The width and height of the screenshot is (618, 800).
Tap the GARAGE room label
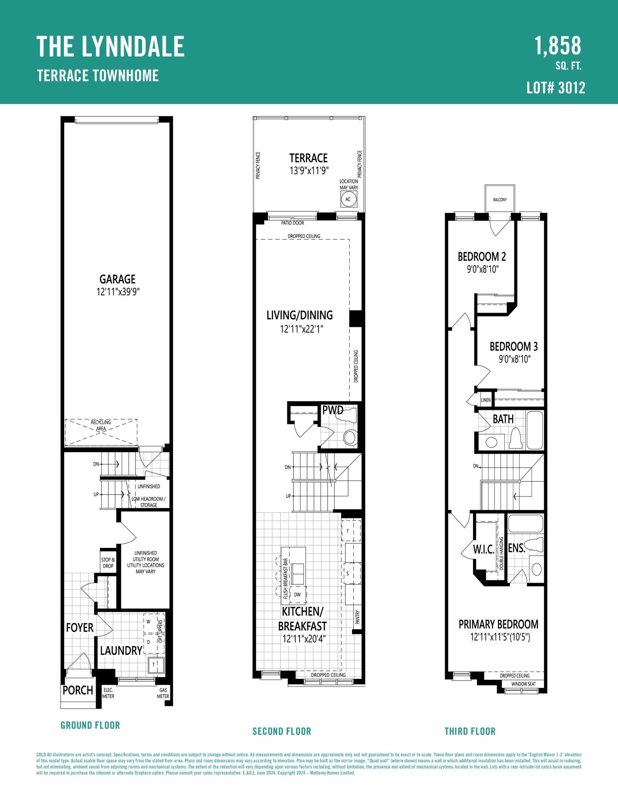pyautogui.click(x=117, y=279)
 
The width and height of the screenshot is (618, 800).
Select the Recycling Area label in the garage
pyautogui.click(x=101, y=425)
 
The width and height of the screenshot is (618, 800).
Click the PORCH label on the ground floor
pyautogui.click(x=78, y=690)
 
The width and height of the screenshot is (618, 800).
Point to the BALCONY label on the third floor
pyautogui.click(x=500, y=200)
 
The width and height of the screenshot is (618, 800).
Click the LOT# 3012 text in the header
pyautogui.click(x=556, y=88)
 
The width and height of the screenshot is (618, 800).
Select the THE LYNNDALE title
pyautogui.click(x=110, y=46)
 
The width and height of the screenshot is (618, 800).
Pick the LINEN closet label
pyautogui.click(x=486, y=400)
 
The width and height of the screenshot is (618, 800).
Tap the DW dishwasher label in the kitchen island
pyautogui.click(x=297, y=594)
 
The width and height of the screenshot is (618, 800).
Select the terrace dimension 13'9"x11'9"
pyautogui.click(x=308, y=170)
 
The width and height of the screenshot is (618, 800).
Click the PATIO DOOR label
pyautogui.click(x=293, y=223)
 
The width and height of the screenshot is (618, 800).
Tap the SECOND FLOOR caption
pyautogui.click(x=282, y=732)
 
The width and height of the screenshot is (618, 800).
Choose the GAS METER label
pyautogui.click(x=163, y=693)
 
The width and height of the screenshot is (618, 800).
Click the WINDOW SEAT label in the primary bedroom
pyautogui.click(x=523, y=684)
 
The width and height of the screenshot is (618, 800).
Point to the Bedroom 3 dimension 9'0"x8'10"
pyautogui.click(x=515, y=359)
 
